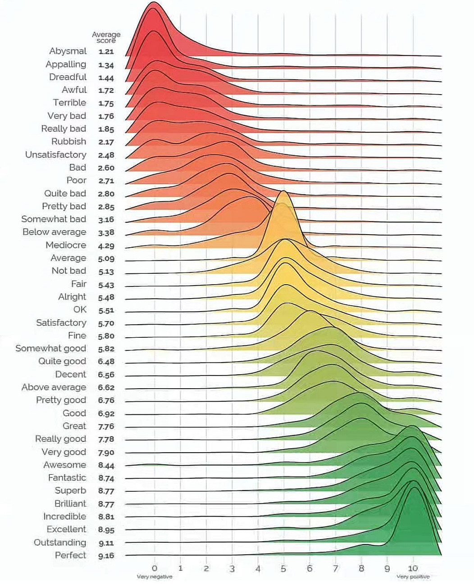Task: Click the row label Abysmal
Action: (x=68, y=51)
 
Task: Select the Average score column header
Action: (x=106, y=37)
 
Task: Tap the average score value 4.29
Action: (x=106, y=246)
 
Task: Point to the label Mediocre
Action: (x=65, y=245)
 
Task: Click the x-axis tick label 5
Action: (x=283, y=569)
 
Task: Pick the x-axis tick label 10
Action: (x=413, y=568)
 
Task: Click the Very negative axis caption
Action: (x=155, y=577)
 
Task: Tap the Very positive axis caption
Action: (x=413, y=577)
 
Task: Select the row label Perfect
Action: (x=70, y=555)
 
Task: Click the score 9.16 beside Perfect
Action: (x=106, y=556)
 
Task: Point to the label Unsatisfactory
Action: (x=55, y=154)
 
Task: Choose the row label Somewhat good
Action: (x=50, y=348)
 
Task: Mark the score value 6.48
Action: (x=106, y=362)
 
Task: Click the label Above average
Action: (x=54, y=387)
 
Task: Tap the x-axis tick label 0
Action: (x=155, y=569)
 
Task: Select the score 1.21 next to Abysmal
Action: (x=106, y=52)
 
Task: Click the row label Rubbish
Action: (x=68, y=141)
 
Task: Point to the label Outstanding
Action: (x=59, y=542)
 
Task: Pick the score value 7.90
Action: (x=106, y=453)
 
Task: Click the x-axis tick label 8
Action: (x=361, y=569)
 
